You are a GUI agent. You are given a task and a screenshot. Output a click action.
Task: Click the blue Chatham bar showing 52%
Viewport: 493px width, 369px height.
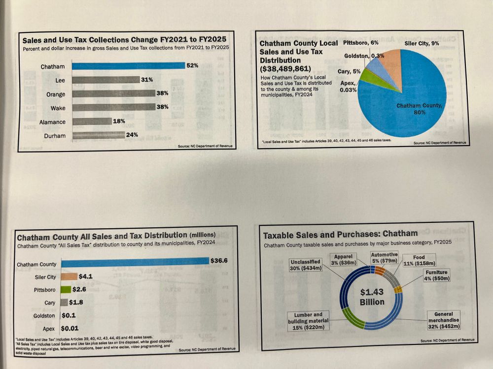coord(128,65)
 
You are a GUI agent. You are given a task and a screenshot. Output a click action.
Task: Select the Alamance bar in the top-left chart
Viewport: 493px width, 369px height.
coord(92,121)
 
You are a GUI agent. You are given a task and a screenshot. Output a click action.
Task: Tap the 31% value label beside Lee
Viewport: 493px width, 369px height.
coord(147,79)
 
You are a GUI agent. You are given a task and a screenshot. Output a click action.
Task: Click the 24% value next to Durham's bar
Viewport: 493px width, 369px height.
coord(132,135)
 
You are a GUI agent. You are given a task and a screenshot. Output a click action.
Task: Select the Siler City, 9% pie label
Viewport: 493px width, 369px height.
coord(422,43)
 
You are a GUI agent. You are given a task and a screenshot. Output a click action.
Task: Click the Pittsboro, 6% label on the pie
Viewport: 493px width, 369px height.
coord(361,43)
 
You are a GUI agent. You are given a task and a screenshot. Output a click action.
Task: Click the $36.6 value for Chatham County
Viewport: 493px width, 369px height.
coord(218,260)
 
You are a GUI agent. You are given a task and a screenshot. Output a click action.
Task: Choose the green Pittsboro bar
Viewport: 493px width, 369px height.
coord(67,290)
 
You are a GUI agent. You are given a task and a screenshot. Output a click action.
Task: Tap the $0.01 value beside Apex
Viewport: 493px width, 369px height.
coord(70,328)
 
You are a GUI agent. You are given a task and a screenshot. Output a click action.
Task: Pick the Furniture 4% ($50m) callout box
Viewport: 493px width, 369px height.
coord(436,276)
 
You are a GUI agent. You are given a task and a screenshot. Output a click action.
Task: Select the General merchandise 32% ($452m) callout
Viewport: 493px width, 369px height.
coord(443,320)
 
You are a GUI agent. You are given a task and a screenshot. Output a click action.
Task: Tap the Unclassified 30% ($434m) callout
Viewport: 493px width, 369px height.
coord(306,265)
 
